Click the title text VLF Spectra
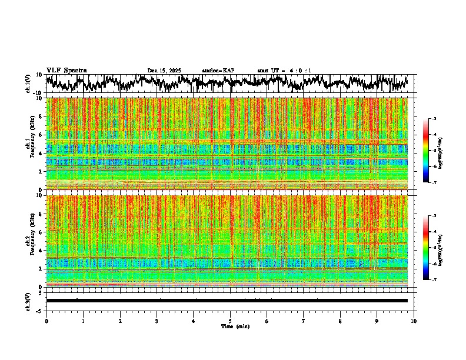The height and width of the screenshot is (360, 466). click(66, 71)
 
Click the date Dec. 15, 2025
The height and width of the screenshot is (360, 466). click(164, 71)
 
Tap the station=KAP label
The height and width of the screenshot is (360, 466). click(218, 71)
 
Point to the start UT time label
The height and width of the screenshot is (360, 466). click(284, 71)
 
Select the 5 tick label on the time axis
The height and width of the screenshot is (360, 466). click(230, 321)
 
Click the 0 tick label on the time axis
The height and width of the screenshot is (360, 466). click(46, 321)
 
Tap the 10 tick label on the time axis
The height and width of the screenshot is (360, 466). click(414, 321)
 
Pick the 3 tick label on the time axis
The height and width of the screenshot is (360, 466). click(157, 321)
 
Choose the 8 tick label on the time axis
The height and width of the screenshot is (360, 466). click(340, 321)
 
